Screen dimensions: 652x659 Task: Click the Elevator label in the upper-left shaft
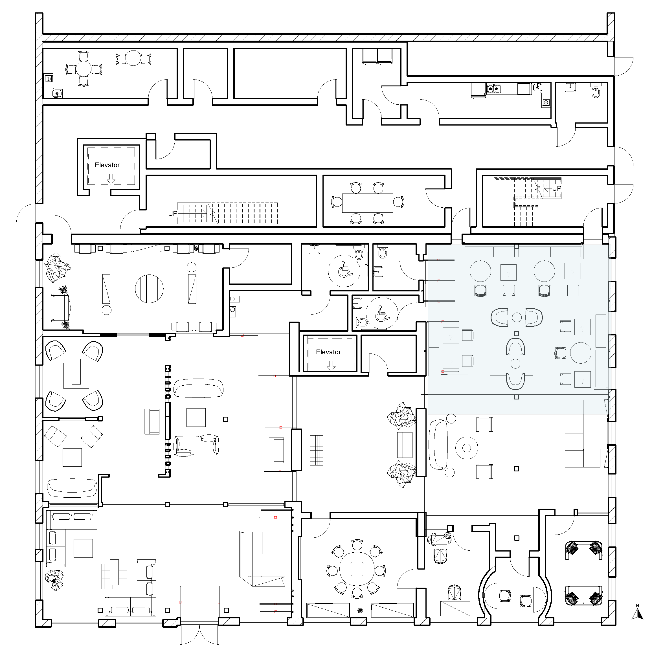pos(107,165)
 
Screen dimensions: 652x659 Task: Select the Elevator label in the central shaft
pos(328,352)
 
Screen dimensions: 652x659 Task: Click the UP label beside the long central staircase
pos(173,214)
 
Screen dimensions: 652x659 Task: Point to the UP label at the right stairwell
pos(556,188)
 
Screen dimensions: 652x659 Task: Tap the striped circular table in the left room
pos(149,289)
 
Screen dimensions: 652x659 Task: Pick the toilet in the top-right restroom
pos(596,91)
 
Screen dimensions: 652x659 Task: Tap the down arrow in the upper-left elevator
pos(111,179)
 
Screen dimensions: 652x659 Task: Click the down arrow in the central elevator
pos(331,366)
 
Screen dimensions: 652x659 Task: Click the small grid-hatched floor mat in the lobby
pos(316,450)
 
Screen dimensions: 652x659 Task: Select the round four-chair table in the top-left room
pos(84,69)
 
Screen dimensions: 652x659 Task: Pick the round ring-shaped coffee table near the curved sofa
pos(466,448)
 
